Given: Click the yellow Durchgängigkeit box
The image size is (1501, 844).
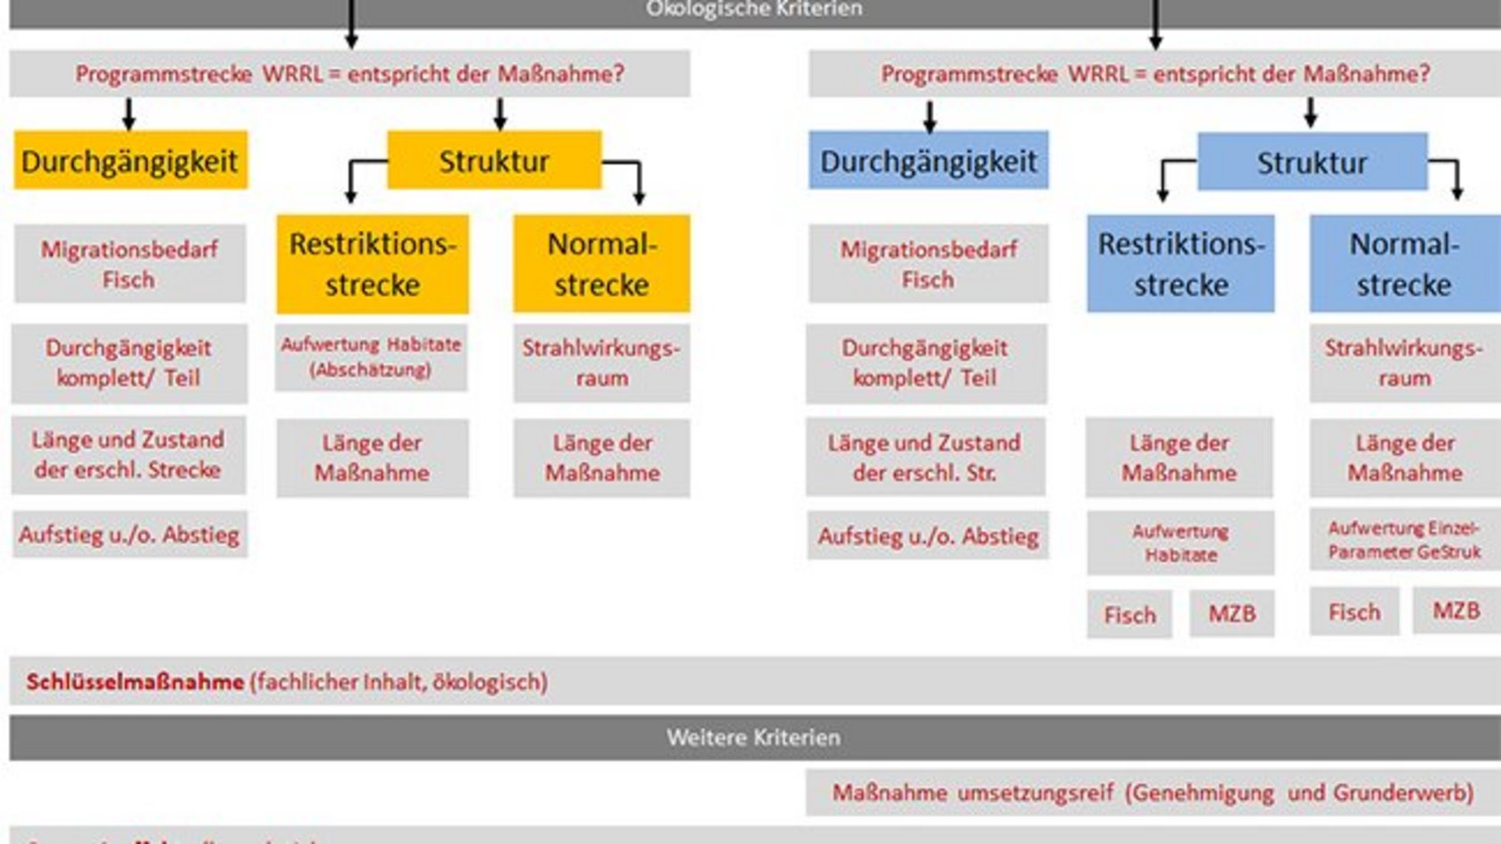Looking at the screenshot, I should coord(130,161).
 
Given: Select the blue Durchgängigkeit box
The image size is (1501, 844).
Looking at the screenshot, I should coord(928,161).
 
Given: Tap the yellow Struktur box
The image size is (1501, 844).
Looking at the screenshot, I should coord(494,161).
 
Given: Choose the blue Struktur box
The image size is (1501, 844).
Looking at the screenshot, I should coord(1312,163).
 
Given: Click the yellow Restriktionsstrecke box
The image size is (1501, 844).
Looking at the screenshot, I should coord(373,264).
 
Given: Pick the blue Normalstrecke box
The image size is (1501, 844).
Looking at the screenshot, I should coord(1404,264).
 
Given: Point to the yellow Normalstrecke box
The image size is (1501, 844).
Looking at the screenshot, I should coord(601,264).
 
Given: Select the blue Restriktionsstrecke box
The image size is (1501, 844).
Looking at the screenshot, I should coord(1180,264).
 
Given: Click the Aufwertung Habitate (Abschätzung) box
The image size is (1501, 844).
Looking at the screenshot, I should coord(371,357).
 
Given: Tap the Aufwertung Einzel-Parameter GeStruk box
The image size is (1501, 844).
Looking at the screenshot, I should coord(1404,540).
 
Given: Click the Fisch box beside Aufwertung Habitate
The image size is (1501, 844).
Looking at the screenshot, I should coord(1129,614).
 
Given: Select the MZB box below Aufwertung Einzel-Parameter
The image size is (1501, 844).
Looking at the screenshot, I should coord(1455,611).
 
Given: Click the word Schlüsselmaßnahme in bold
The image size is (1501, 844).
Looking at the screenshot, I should coord(135,682).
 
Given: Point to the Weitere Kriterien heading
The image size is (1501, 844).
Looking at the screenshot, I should coord(753,738).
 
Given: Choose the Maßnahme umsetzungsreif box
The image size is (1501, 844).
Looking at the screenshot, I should coord(1153,793).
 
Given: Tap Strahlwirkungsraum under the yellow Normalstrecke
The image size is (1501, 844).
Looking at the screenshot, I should coord(601,362).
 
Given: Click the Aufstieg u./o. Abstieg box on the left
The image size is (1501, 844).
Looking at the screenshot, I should coord(130,535).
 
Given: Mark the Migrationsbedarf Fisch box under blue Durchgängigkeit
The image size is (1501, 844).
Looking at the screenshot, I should coord(928,264).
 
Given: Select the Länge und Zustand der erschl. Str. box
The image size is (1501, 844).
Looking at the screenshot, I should coord(925,457).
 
